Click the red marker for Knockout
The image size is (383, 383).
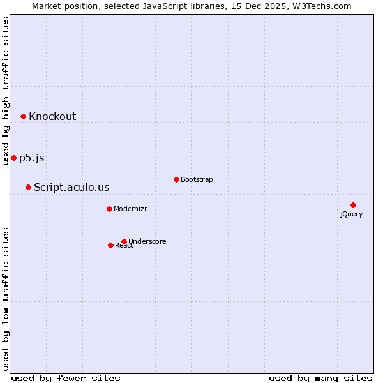pos(23,116)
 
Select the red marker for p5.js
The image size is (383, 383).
pos(13,158)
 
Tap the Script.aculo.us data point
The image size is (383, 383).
pos(28,187)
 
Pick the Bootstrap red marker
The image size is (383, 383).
pos(176,179)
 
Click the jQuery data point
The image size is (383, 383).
pos(353,205)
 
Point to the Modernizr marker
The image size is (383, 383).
pos(109,209)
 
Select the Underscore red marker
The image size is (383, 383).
pos(124,241)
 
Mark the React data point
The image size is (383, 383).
pos(110,245)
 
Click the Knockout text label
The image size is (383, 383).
pos(52,116)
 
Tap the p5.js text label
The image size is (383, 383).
pos(32,158)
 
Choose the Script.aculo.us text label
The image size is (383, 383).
pos(71,187)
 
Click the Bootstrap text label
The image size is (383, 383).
pos(197,179)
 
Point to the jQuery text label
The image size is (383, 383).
pos(351,214)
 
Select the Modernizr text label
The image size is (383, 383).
pos(130,209)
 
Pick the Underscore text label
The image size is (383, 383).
pos(147,241)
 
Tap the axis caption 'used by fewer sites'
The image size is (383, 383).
pos(66,378)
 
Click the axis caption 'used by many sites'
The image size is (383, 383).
pos(320,378)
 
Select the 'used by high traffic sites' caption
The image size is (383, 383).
pos(6,91)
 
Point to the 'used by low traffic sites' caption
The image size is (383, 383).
pos(6,298)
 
